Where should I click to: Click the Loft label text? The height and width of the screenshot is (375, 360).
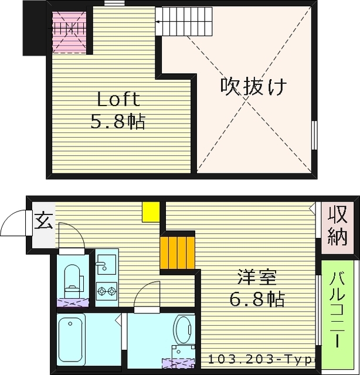(118, 99)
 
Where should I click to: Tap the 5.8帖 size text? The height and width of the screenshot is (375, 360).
(118, 122)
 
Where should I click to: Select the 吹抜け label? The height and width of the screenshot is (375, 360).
(253, 87)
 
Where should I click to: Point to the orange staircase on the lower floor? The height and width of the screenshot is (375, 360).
(177, 252)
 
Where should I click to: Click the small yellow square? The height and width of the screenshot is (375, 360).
(151, 212)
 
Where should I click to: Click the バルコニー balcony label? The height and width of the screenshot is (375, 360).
(338, 311)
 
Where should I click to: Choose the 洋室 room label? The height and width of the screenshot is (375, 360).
(256, 276)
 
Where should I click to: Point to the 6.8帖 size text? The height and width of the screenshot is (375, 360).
(256, 299)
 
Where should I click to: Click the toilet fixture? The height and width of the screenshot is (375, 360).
(73, 278)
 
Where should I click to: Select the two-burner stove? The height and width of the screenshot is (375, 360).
(107, 289)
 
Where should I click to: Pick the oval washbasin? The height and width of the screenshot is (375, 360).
(183, 330)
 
